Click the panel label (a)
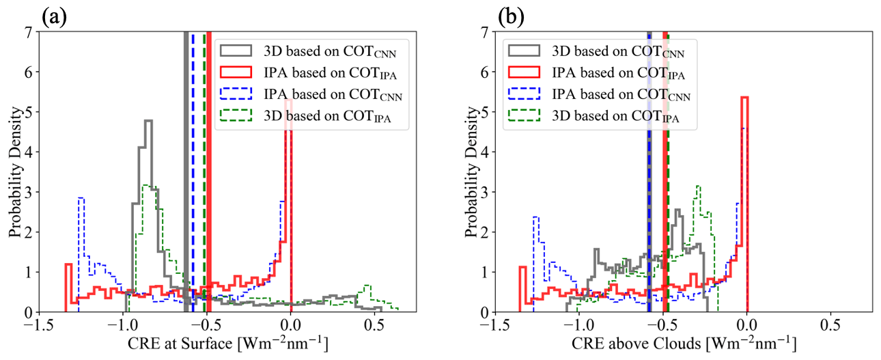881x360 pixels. point(54,15)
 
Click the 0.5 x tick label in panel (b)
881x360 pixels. point(830,322)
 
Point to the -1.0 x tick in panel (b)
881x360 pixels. point(578,322)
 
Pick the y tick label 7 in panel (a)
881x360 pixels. point(29,32)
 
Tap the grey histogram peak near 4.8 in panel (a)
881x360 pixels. point(148,122)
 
